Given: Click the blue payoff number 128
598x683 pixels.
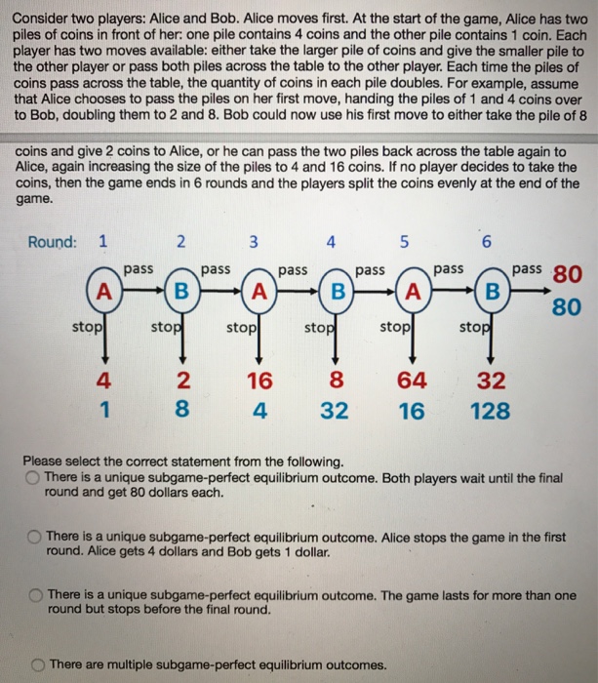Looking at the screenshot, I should point(489,410).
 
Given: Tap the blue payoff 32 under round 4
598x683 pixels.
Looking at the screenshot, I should point(334,410).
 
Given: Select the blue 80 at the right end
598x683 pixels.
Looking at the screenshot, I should point(567,307).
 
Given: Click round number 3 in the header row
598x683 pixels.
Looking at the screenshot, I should point(254,242).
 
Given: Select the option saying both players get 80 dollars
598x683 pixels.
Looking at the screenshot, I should point(33,477).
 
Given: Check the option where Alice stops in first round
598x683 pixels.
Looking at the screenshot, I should point(34,536).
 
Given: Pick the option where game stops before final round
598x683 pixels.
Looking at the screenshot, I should point(34,594).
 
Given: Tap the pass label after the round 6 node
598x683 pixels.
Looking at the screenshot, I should point(528,267).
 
